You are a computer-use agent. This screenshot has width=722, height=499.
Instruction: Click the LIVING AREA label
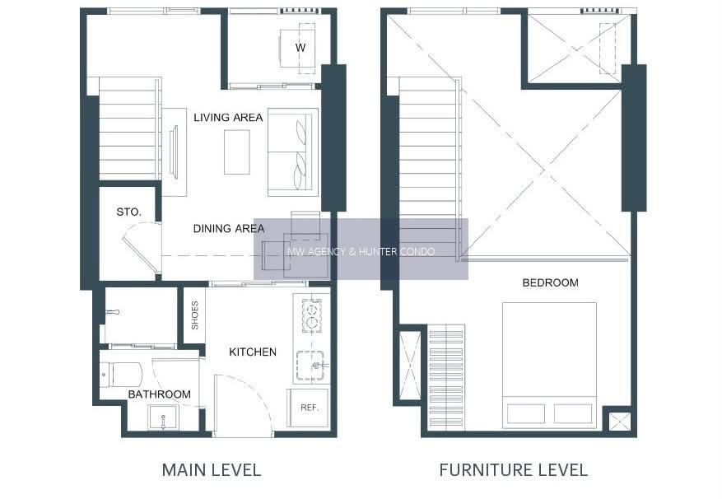coord(228,118)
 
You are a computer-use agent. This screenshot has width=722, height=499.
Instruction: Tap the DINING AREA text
coord(228,229)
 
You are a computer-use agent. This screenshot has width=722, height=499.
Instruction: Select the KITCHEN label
coord(253,352)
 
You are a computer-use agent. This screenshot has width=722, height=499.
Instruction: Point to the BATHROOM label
coord(160,394)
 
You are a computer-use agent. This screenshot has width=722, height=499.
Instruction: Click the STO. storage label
coord(128,212)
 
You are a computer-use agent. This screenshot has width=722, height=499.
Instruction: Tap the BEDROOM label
coord(550,282)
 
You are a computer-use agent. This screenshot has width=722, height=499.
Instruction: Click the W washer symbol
coord(300,47)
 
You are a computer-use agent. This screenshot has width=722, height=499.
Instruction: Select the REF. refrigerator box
coord(308,408)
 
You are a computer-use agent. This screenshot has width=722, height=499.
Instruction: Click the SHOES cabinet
coord(195,315)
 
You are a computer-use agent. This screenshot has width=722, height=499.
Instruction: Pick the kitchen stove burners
coord(312,315)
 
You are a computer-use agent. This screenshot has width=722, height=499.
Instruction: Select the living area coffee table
coord(237,152)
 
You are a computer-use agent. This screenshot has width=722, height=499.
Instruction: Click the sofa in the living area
coord(293,152)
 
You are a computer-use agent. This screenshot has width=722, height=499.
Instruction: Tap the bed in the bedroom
coord(549,366)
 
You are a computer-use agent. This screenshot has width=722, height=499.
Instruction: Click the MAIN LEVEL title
coord(212,470)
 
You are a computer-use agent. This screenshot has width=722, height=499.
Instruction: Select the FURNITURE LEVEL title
coord(514,470)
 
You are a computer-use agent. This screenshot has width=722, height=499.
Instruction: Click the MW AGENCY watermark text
coord(361,252)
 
